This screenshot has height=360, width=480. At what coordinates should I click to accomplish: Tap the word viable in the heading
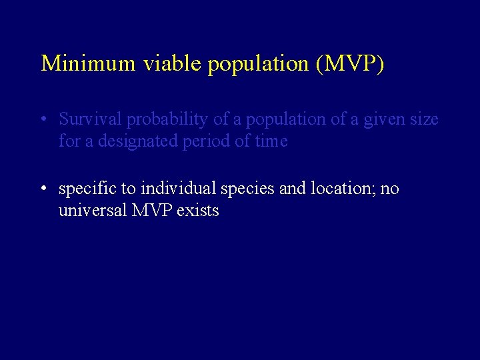(x=160, y=63)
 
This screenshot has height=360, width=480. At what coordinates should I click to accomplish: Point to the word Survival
(x=91, y=119)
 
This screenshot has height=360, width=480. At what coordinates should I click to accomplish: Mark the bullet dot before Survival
(x=43, y=121)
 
